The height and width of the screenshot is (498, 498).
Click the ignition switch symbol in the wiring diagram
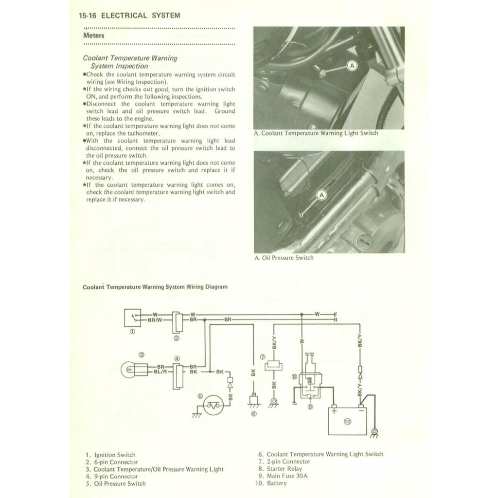[132, 318]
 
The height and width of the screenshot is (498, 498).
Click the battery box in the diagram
[346, 421]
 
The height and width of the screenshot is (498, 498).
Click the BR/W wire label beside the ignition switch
[156, 320]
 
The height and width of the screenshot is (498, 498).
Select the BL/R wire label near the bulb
[160, 372]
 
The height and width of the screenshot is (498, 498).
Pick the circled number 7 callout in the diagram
[262, 357]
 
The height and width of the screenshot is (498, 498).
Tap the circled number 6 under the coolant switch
[253, 414]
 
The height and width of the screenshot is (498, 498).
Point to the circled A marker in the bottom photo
[321, 196]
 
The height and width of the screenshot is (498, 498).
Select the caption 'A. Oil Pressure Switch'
[284, 258]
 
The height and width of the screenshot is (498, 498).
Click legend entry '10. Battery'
[270, 483]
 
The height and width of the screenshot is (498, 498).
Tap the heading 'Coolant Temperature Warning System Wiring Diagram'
[155, 287]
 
